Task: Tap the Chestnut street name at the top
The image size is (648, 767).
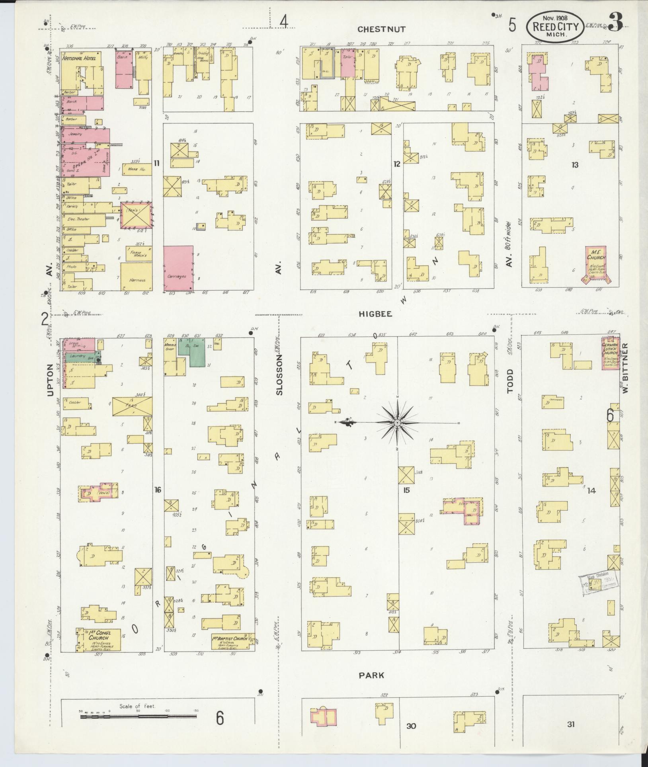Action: point(381,29)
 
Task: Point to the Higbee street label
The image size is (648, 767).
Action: point(375,314)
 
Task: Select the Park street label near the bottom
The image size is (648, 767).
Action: point(371,675)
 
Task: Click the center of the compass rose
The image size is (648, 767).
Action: point(397,422)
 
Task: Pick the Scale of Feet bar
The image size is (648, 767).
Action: point(138,717)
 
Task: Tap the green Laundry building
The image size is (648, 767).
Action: point(81,356)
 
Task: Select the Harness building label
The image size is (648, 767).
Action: point(137,280)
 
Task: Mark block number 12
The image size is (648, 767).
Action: point(396,164)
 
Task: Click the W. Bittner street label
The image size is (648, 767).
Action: point(625,368)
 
